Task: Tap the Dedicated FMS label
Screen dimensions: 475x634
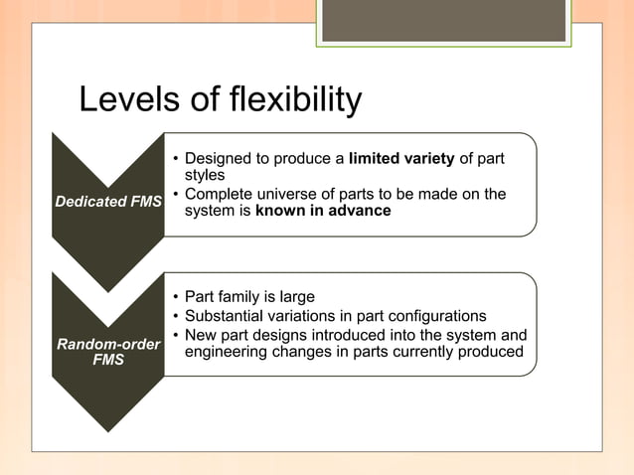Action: (x=108, y=203)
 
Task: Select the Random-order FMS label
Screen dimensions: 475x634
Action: (x=108, y=352)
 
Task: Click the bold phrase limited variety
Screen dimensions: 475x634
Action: (x=401, y=158)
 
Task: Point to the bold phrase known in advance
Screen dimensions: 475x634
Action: (x=323, y=211)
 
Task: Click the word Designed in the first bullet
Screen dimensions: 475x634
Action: (x=217, y=158)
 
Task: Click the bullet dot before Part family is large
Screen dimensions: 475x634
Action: (x=175, y=298)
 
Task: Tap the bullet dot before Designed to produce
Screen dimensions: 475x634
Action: (x=175, y=159)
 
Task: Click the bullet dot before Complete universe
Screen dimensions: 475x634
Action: (x=175, y=195)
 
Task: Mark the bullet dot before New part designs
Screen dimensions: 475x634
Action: (x=175, y=334)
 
